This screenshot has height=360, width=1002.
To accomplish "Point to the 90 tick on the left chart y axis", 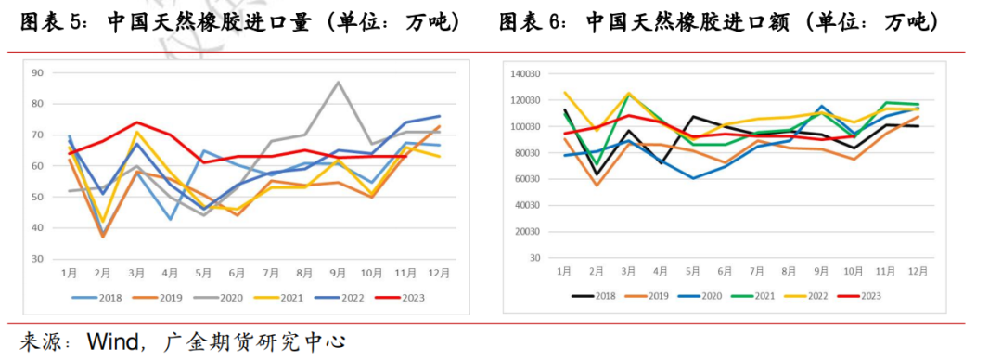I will (38, 72).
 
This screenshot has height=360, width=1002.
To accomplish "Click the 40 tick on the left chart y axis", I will (38, 227).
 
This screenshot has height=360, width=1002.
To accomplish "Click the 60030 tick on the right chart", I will (524, 178).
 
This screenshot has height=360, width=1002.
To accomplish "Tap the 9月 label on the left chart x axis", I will (339, 273).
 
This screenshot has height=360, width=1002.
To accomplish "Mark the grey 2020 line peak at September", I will (338, 82).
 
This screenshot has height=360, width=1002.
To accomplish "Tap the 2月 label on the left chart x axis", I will (103, 273).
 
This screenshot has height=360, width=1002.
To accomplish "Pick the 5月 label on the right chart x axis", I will (691, 270).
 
